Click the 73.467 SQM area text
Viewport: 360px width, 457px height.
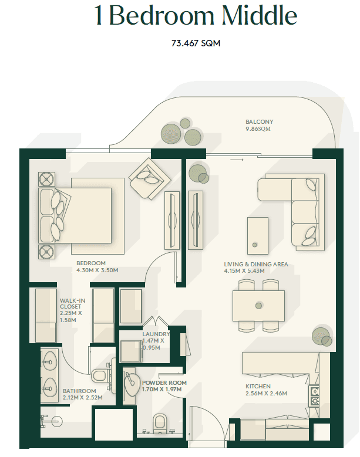pyautogui.click(x=196, y=43)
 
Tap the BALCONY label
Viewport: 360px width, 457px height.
pyautogui.click(x=260, y=121)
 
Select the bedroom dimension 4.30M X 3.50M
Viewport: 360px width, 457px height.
pyautogui.click(x=97, y=270)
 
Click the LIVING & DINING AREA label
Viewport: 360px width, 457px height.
pyautogui.click(x=256, y=264)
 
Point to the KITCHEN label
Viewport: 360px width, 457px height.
pyautogui.click(x=258, y=386)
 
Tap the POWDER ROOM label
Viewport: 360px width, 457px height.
pyautogui.click(x=164, y=382)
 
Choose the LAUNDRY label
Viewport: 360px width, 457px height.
pyautogui.click(x=156, y=334)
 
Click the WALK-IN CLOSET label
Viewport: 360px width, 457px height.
pyautogui.click(x=72, y=303)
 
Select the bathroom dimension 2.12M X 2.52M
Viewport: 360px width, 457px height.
pyautogui.click(x=83, y=398)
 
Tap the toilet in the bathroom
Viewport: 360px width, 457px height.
pyautogui.click(x=100, y=375)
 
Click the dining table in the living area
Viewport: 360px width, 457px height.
pyautogui.click(x=258, y=306)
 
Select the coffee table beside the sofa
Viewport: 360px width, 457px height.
pyautogui.click(x=258, y=236)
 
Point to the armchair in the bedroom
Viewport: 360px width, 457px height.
pyautogui.click(x=150, y=179)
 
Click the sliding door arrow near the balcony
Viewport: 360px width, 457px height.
pyautogui.click(x=237, y=160)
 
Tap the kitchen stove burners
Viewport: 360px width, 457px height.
pyautogui.click(x=314, y=395)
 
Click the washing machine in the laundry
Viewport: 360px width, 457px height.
pyautogui.click(x=131, y=351)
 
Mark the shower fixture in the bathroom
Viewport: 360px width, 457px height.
pyautogui.click(x=51, y=421)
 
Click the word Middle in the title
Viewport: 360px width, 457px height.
pyautogui.click(x=260, y=15)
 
